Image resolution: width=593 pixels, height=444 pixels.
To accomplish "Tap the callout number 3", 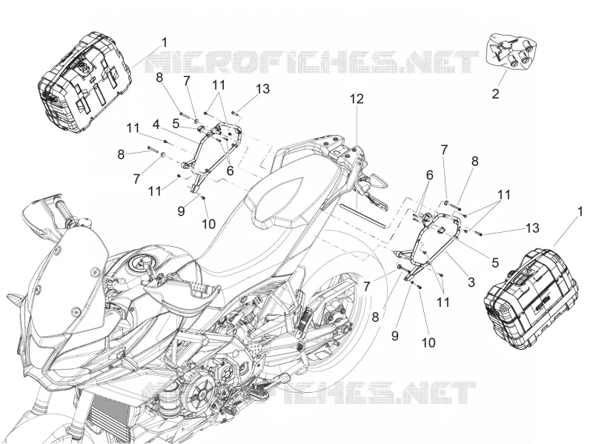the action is (471, 282).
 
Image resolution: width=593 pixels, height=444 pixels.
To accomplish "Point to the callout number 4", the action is (156, 124).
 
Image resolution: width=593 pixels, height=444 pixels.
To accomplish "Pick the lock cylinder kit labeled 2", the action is (511, 51).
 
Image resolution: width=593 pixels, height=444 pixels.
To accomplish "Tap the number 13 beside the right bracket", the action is (531, 228).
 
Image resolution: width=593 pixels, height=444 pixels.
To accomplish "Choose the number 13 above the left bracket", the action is (262, 89).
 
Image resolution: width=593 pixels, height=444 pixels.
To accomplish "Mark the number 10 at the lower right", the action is (428, 342).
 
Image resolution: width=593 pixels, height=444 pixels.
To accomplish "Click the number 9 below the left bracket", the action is (181, 211).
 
